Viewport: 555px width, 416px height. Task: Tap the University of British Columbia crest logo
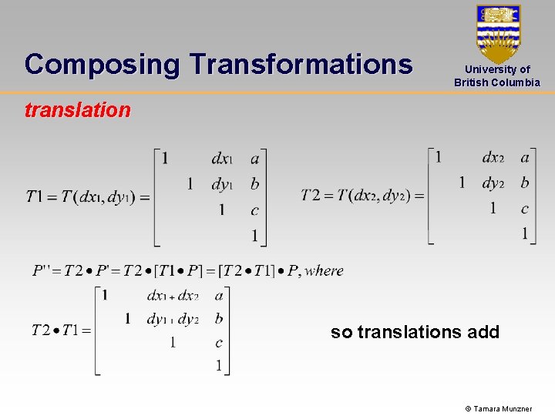pos(498,34)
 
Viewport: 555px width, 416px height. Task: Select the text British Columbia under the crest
pos(497,82)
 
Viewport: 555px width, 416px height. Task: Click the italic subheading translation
pos(78,110)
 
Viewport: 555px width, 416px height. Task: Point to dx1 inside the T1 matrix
pos(222,159)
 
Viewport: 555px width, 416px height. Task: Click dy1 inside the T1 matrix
pos(222,184)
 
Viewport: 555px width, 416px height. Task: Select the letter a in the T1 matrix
pos(255,159)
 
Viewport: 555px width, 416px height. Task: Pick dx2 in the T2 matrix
pos(493,158)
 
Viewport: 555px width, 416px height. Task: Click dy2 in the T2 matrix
pos(493,183)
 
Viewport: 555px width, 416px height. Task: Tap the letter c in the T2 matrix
pos(525,208)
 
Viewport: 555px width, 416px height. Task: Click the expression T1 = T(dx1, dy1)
pos(87,196)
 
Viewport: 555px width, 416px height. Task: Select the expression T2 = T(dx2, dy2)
pos(362,196)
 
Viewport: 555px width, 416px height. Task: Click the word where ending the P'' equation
pos(325,270)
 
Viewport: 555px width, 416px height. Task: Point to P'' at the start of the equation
pos(43,270)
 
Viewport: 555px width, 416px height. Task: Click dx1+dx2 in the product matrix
pos(173,296)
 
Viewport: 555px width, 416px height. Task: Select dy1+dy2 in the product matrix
pos(173,319)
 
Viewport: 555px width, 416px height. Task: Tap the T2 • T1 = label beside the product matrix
pos(61,330)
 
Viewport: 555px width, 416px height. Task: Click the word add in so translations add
pos(483,332)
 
